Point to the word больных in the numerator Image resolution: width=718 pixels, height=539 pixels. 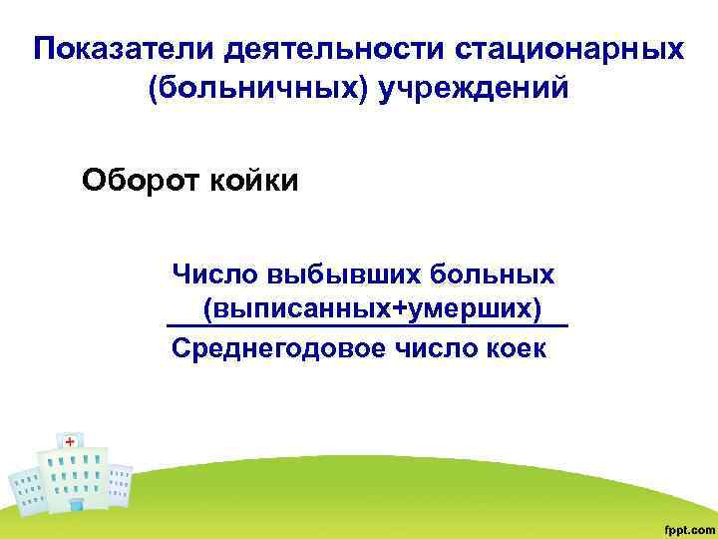(x=495, y=272)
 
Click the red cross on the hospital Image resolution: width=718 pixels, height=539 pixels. (x=70, y=441)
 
